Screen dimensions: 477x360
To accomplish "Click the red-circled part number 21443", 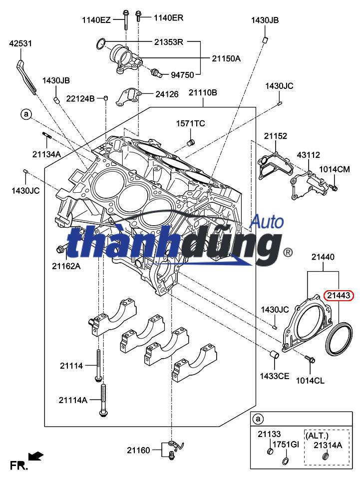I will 339,296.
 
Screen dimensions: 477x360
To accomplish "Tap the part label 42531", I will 20,43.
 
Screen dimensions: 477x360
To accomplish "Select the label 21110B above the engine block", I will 203,93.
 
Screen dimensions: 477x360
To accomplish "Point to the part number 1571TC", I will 190,123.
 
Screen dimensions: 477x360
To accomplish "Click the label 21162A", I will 66,266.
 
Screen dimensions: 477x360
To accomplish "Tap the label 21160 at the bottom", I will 138,450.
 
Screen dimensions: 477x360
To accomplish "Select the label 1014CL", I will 310,381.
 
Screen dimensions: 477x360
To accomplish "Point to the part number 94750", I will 182,75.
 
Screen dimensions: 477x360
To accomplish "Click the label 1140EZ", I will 96,20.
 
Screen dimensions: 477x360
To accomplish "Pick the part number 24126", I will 166,93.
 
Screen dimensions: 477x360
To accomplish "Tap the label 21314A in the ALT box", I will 328,445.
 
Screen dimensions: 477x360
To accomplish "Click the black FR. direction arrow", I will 36,456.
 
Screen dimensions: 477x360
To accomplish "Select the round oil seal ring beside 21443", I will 339,339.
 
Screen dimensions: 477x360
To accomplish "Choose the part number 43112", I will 308,155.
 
